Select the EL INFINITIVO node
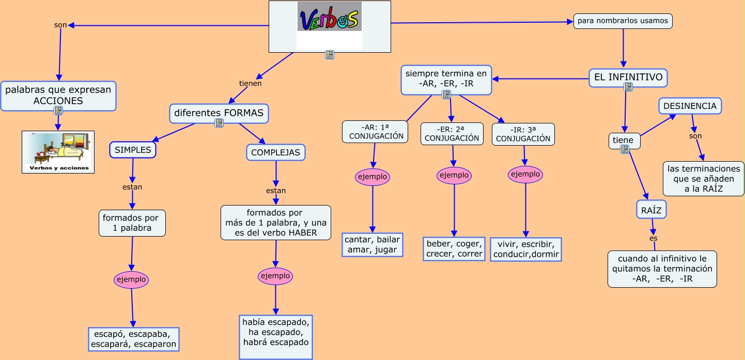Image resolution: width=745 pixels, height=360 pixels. coord(628,77)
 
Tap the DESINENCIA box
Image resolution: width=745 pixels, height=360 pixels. coord(690,106)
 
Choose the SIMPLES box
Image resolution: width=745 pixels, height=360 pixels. coord(133,150)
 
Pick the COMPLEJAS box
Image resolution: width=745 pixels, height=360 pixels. coord(275,152)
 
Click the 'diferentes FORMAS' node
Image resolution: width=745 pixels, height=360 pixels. coord(219,113)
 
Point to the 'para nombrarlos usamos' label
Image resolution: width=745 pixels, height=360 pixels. coord(623,21)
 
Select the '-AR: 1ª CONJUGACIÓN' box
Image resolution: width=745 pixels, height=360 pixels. coord(375,132)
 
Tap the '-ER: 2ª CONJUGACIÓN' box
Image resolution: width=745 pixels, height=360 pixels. coord(452,134)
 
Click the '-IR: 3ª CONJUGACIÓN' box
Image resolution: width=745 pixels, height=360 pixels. coord(523,134)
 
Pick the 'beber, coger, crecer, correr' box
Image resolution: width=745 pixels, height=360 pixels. coord(454,249)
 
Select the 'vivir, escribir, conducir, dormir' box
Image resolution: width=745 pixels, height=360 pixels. coord(525,249)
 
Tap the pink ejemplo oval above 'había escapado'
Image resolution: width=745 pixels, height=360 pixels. coord(275,276)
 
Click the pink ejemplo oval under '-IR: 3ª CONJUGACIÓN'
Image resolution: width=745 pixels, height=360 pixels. coord(525,174)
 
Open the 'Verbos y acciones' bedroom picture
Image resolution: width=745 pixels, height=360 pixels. coord(58,151)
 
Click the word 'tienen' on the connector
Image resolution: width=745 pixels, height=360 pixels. coord(250,83)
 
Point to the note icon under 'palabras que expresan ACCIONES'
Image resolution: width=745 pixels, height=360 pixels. coord(58,111)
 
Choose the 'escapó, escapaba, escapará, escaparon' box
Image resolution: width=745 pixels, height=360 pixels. coord(134,339)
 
